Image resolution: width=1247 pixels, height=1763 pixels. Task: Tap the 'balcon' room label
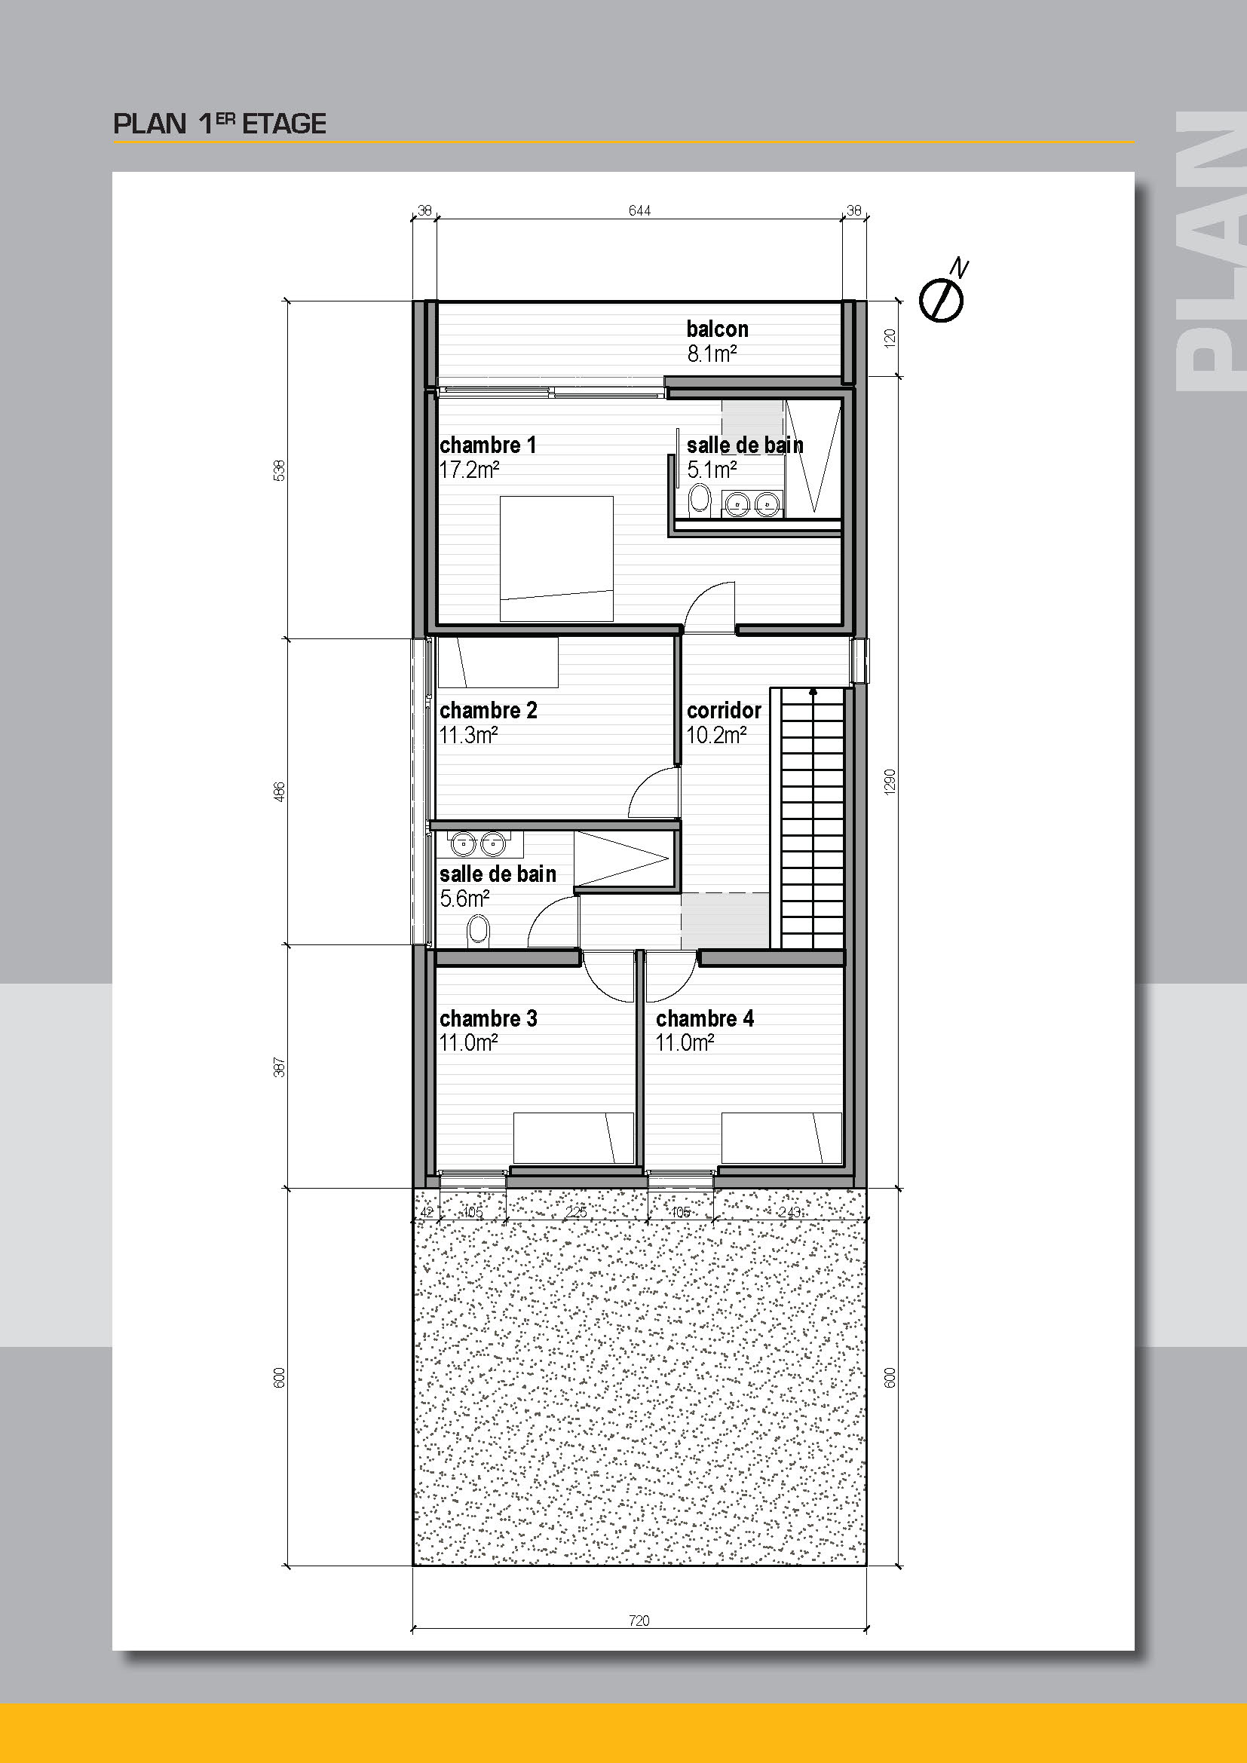(717, 329)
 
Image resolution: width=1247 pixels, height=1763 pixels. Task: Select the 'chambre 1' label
(488, 445)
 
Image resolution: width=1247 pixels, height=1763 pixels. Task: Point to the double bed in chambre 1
(556, 559)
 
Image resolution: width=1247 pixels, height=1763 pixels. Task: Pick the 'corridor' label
(724, 710)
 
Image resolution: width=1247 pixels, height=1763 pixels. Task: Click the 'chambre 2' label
(489, 710)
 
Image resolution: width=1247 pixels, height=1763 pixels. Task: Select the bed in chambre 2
(498, 663)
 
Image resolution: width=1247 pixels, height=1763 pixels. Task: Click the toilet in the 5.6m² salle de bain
(477, 932)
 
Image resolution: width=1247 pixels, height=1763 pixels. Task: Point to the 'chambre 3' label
(489, 1018)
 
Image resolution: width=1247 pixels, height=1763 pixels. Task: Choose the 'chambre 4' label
(705, 1018)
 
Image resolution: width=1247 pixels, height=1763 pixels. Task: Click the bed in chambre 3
(574, 1137)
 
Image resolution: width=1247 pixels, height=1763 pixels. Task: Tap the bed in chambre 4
(782, 1137)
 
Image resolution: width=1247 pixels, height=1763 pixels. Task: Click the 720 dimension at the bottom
(639, 1621)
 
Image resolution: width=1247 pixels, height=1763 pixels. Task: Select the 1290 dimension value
(890, 782)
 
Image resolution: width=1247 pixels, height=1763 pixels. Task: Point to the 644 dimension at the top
(639, 210)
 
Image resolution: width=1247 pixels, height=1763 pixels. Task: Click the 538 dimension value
(280, 470)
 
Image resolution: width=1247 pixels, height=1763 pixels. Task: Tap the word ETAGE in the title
(284, 124)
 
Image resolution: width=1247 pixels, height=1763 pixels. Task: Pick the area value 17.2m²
(469, 470)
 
